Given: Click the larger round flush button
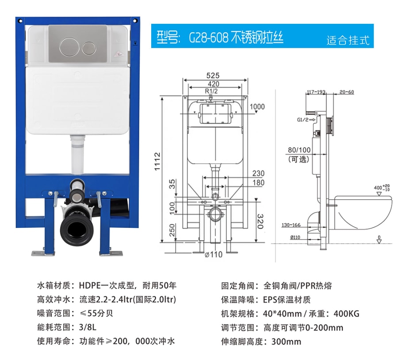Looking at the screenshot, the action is pos(68,47).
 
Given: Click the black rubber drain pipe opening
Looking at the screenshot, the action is pos(77,231).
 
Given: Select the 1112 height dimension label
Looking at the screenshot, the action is pos(157,162).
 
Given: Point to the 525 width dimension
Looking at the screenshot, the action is pos(213,76).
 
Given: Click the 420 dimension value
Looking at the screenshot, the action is pos(214,84).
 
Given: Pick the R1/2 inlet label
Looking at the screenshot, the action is pos(211,91).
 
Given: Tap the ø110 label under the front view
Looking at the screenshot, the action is pos(214,254).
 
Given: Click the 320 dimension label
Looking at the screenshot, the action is pos(260,221).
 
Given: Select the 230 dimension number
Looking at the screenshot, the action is pos(258,173).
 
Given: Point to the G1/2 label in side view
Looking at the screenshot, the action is pos(302,120).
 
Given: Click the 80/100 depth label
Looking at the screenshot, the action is pos(299,150).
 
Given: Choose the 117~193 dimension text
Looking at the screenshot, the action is pos(316,92).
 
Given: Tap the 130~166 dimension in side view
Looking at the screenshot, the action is pos(291,225).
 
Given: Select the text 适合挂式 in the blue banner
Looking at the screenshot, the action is pos(348,40).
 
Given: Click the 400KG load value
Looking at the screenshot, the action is pos(346,314).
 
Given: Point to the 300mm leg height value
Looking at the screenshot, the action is pos(286,341).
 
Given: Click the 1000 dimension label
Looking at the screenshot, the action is pos(257,107).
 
